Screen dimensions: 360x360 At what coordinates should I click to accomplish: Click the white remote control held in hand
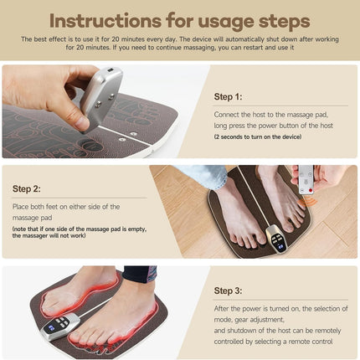coord(306,178)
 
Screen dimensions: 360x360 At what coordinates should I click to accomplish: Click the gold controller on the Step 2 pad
coord(277,239)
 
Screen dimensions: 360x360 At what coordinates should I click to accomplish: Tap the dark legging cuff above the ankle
coord(138,273)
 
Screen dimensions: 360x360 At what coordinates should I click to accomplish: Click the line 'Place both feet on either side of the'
coord(66,206)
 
